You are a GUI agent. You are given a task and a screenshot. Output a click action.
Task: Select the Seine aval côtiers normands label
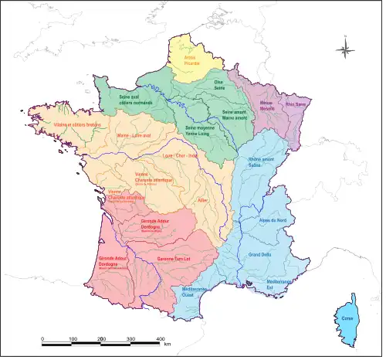137,100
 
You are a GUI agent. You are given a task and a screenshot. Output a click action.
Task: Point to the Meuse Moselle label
268,106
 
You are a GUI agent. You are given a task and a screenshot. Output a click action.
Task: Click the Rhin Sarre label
296,104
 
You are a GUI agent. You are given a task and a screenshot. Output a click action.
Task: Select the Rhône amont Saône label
261,161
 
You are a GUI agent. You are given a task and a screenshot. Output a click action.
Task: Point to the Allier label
203,200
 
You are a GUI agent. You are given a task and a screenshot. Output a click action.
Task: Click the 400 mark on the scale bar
161,339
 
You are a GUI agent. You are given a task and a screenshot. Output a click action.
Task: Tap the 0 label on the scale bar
42,339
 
